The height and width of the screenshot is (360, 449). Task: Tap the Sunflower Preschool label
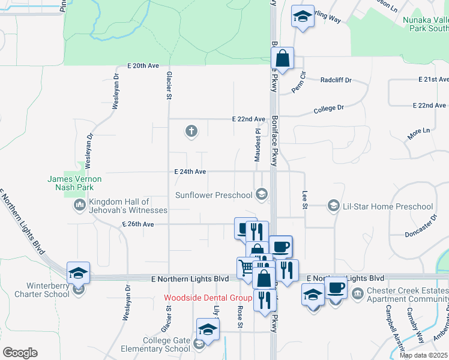(x=214, y=195)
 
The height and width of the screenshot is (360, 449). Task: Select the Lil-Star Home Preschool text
(x=387, y=206)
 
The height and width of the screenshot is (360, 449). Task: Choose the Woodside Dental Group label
(x=208, y=298)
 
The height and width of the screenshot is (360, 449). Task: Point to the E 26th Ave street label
(x=137, y=224)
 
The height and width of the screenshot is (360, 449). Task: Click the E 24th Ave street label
(x=190, y=172)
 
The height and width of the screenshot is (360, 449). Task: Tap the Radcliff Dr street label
(x=336, y=80)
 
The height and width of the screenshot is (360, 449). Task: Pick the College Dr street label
(x=328, y=109)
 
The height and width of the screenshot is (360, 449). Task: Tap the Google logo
(x=20, y=353)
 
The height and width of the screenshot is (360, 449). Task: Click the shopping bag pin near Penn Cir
(x=282, y=59)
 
